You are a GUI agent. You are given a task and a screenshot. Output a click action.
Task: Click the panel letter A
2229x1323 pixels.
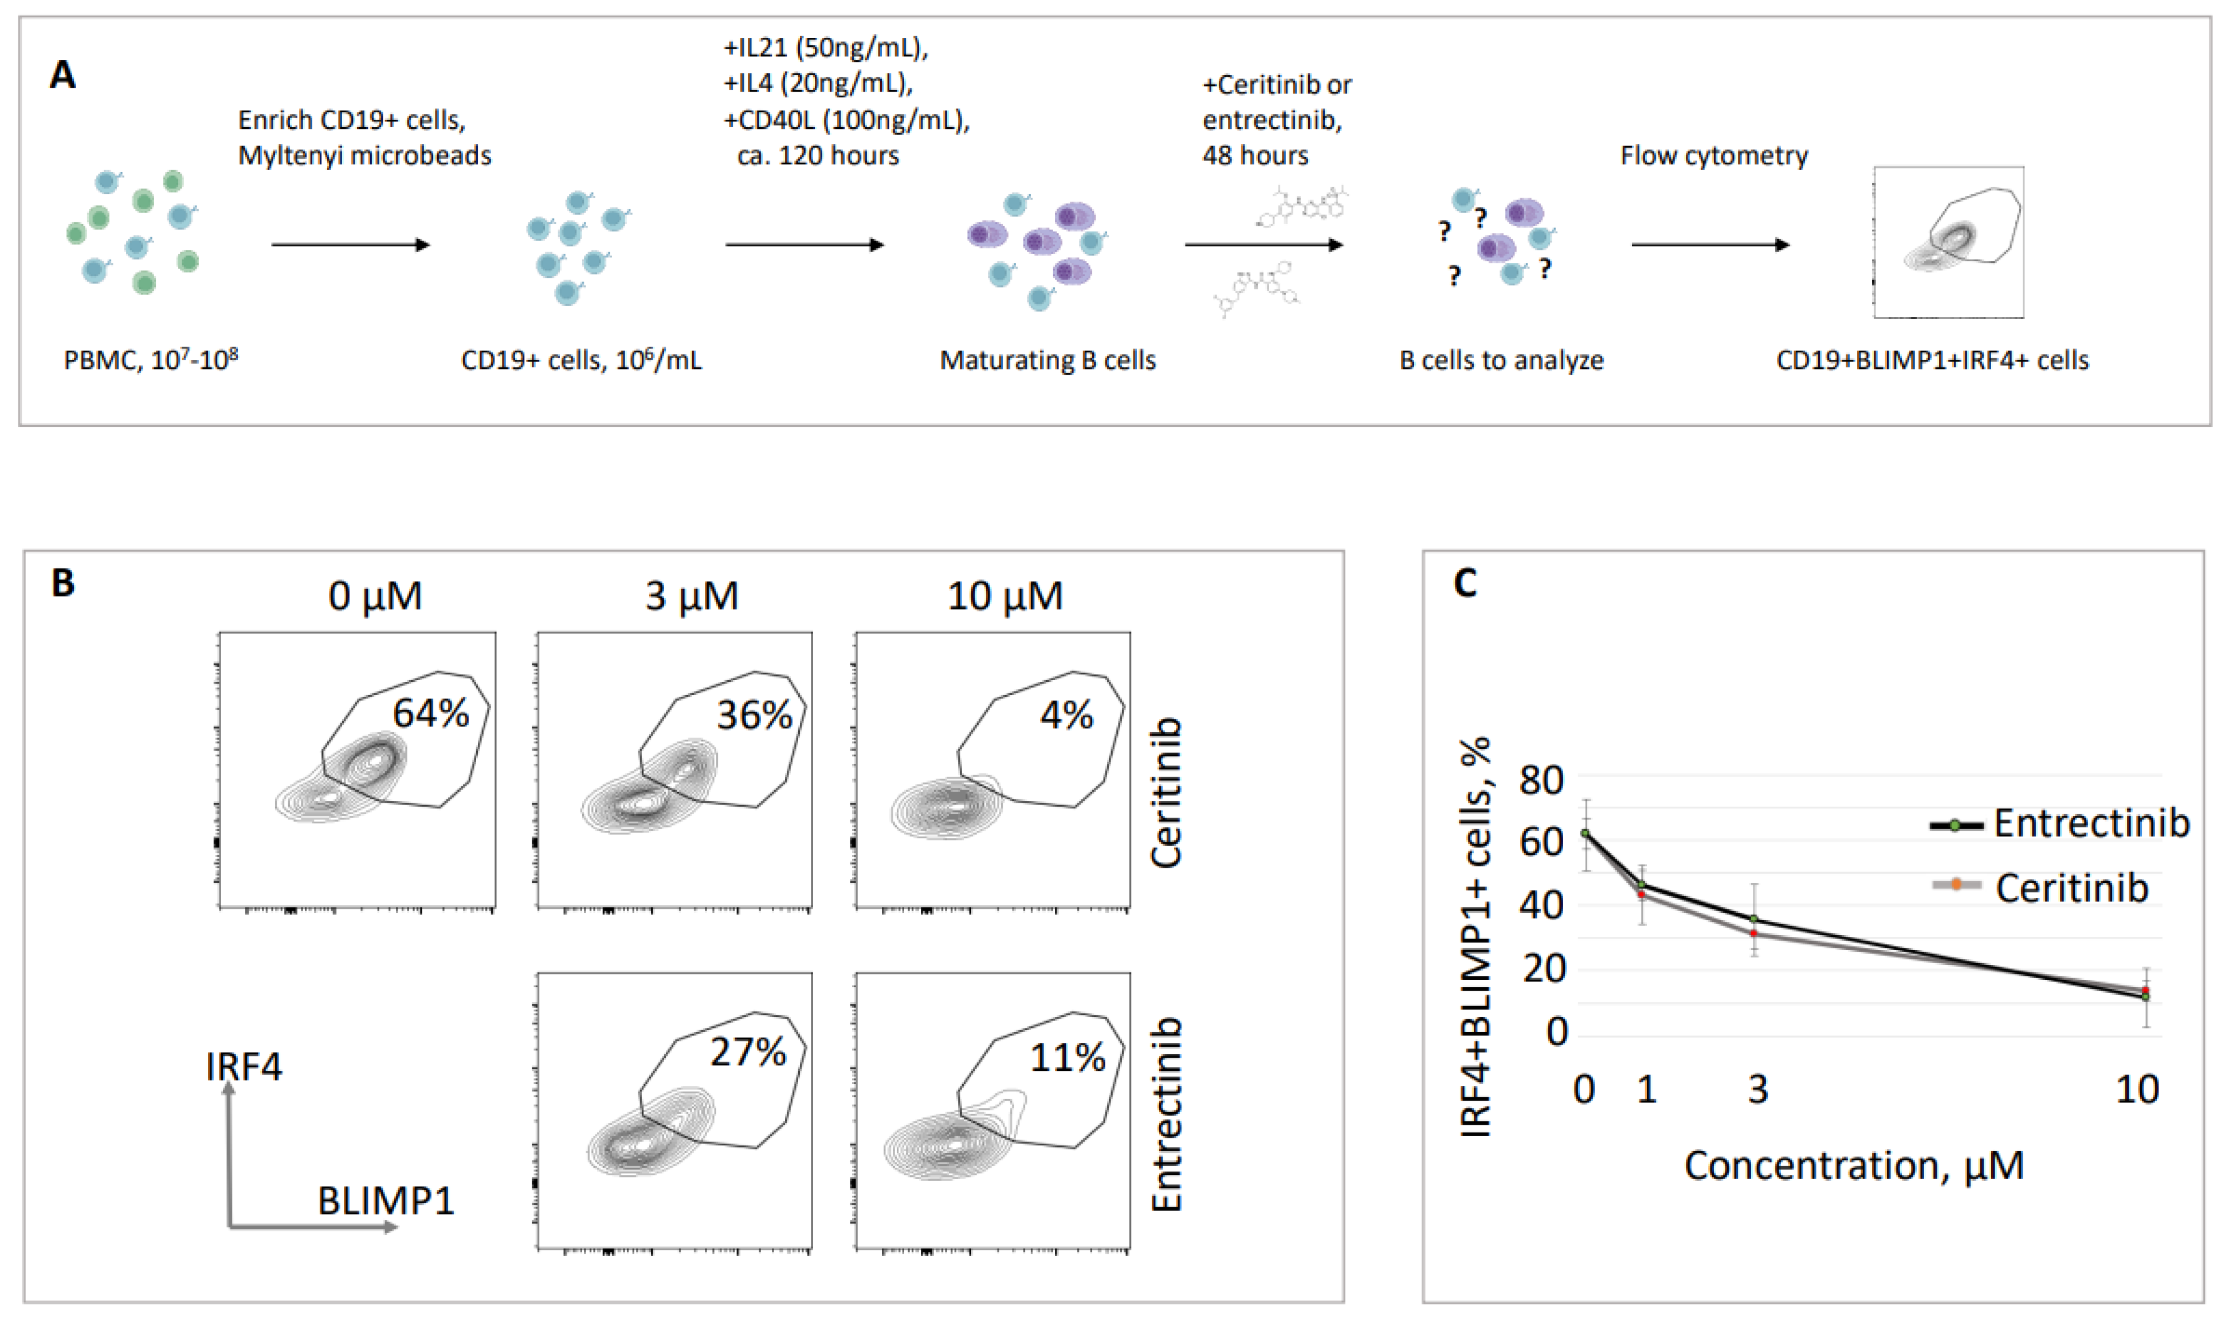point(62,75)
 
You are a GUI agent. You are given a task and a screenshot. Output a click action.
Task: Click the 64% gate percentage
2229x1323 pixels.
point(431,713)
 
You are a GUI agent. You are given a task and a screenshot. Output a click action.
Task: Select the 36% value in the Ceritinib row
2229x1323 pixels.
point(754,715)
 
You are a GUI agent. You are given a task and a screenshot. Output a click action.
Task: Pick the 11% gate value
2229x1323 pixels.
point(1068,1057)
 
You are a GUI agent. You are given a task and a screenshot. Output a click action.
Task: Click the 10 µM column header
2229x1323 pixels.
point(1005,595)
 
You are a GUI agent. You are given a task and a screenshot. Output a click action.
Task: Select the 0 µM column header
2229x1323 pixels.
point(375,595)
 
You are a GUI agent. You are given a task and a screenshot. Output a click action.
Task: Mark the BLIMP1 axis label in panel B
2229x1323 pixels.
point(385,1202)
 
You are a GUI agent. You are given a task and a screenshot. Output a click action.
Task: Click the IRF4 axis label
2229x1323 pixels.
point(244,1066)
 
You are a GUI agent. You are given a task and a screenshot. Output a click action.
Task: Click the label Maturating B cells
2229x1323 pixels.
point(1047,360)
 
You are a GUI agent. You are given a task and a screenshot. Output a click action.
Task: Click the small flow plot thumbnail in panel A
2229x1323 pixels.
point(1948,242)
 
